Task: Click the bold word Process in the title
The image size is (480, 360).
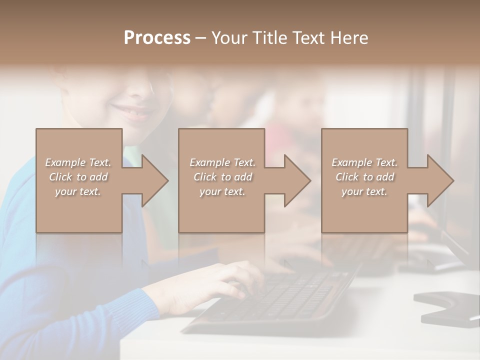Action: tap(157, 38)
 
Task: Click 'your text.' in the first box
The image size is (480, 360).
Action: tap(78, 191)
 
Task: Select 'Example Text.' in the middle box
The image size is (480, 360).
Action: tap(222, 162)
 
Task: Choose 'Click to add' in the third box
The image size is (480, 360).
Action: tap(364, 177)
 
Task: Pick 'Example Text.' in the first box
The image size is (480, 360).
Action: tap(78, 162)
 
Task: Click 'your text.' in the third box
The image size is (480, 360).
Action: tap(364, 191)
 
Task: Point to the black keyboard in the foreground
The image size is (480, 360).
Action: tap(280, 300)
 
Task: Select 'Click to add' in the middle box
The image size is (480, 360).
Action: tap(222, 177)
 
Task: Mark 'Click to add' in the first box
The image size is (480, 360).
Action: tap(78, 177)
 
